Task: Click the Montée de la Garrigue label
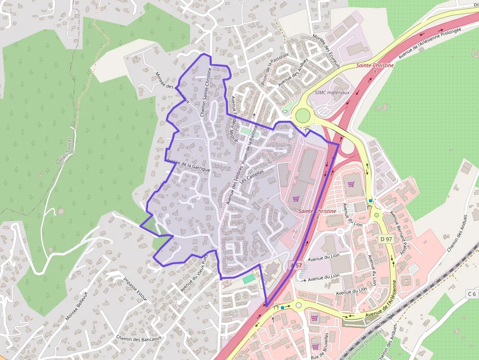coord(188,165)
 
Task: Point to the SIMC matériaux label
coord(332,92)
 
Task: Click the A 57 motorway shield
coord(297,265)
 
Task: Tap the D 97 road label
coord(386,239)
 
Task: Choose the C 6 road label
coord(471,294)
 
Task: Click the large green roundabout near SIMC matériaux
coord(303,116)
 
